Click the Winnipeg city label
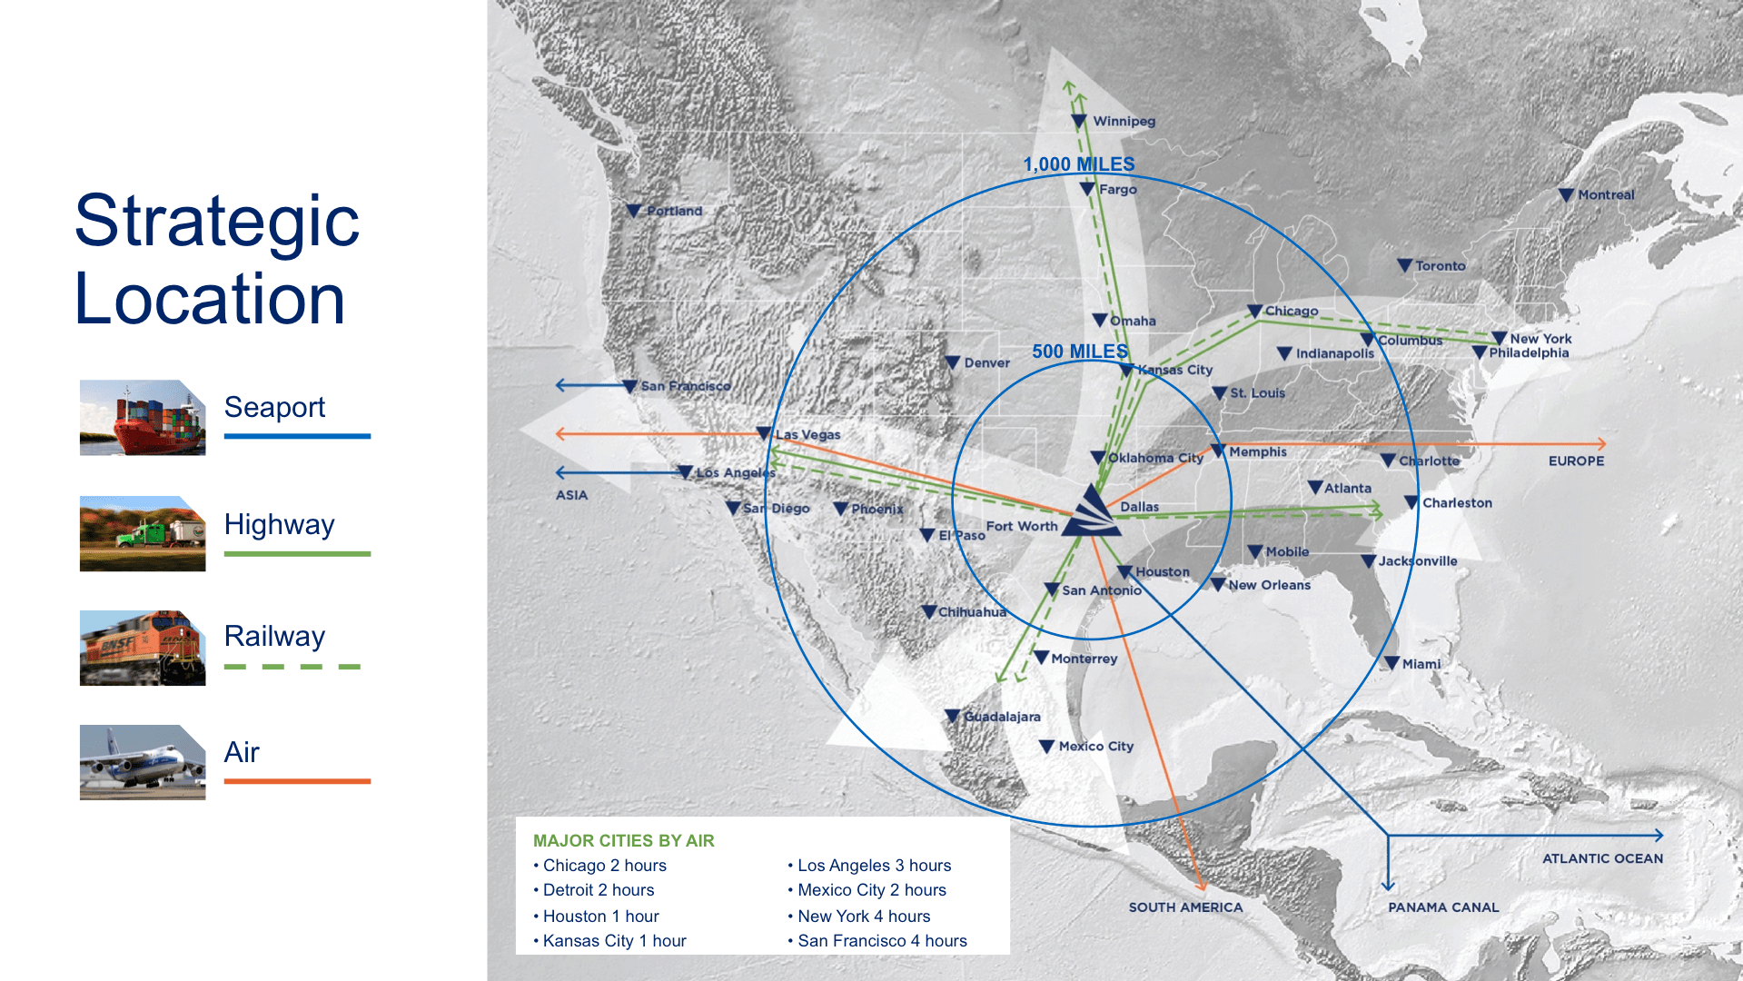click(x=1124, y=121)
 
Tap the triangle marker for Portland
click(x=634, y=211)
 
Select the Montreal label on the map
click(x=1606, y=194)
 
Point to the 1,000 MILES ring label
click(x=1079, y=164)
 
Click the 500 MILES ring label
click(x=1080, y=352)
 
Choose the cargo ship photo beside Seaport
click(x=143, y=417)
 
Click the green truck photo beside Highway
click(x=143, y=533)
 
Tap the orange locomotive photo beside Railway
click(x=143, y=648)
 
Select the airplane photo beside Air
click(x=143, y=762)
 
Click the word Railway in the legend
click(x=274, y=636)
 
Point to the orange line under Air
click(x=297, y=781)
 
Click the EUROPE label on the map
click(x=1576, y=461)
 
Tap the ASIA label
click(x=571, y=495)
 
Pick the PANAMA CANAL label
click(x=1443, y=907)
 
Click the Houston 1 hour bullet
click(x=600, y=916)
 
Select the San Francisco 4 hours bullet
click(x=882, y=941)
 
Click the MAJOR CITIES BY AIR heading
click(x=623, y=840)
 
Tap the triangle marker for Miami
click(x=1391, y=663)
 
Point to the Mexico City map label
click(x=1095, y=746)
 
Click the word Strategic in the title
click(x=217, y=221)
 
